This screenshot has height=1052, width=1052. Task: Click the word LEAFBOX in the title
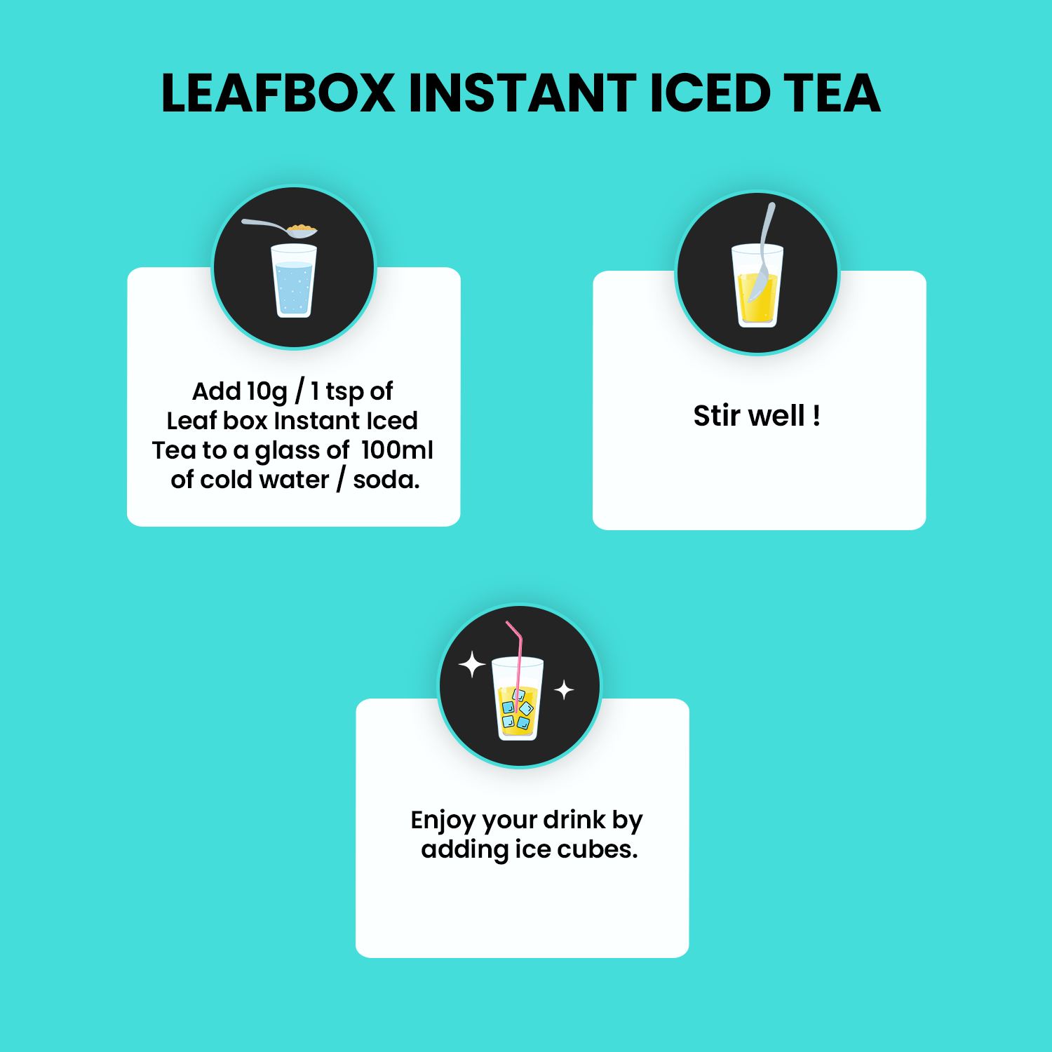tap(278, 93)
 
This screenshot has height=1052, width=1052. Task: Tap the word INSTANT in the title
tap(522, 93)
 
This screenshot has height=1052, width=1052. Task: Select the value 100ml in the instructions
tap(397, 450)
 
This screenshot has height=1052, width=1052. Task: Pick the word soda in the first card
tap(386, 480)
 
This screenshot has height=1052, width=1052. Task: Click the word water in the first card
tap(295, 480)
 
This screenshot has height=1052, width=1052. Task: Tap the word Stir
tap(717, 416)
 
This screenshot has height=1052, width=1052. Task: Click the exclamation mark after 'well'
tap(816, 416)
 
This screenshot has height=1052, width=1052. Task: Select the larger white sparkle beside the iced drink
tap(472, 664)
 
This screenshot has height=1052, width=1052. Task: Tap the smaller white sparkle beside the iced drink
tap(564, 690)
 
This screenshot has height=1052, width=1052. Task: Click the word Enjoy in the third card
tap(443, 821)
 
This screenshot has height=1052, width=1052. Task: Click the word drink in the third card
tap(574, 819)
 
